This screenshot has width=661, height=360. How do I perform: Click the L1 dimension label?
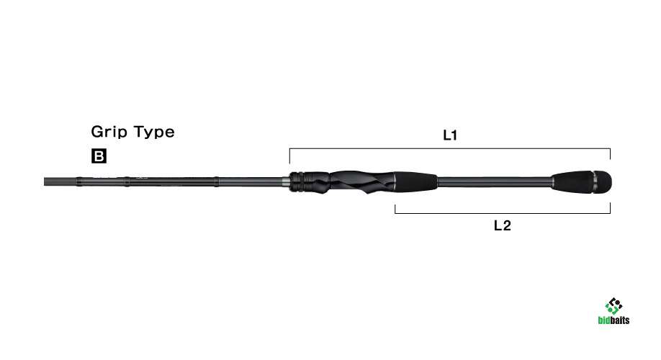click(x=450, y=135)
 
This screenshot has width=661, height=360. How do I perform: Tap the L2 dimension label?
click(x=502, y=225)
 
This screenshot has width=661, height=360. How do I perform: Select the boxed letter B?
click(x=99, y=156)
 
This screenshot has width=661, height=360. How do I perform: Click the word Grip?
click(x=109, y=132)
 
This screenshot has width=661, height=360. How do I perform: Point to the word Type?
click(x=154, y=132)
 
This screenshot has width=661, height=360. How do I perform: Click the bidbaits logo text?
click(x=613, y=320)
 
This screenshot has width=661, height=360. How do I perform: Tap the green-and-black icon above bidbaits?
click(x=613, y=306)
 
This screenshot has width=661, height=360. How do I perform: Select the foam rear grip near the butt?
click(x=573, y=181)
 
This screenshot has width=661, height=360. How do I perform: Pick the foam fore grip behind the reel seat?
click(x=416, y=181)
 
